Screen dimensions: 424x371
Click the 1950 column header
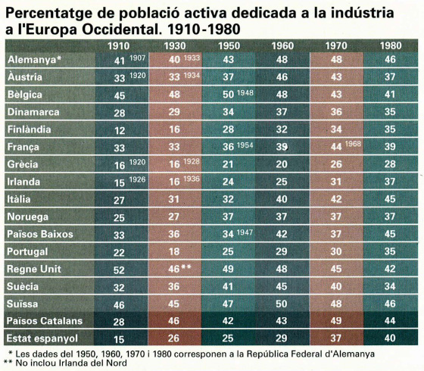coord(229,46)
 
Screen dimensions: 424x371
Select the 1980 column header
coord(391,46)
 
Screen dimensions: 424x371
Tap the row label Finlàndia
coord(29,129)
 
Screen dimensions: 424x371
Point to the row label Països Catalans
coord(45,321)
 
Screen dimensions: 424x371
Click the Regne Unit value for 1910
coord(119,270)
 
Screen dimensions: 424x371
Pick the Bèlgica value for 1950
coord(228,95)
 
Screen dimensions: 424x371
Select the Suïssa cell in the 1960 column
coord(282,304)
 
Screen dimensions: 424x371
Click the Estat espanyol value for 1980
coord(390,338)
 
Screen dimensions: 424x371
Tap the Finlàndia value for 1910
coord(120,131)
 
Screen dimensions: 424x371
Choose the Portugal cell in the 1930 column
coord(174,251)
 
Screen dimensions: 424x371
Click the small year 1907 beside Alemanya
coord(137,58)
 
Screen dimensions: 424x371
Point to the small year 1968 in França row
coord(353,144)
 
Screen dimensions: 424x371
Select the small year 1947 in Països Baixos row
coord(245,232)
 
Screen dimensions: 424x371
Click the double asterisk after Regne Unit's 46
coord(186,267)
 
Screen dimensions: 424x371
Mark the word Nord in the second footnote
coord(117,363)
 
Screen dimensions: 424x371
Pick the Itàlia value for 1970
coord(336,199)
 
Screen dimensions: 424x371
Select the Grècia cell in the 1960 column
coord(282,164)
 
